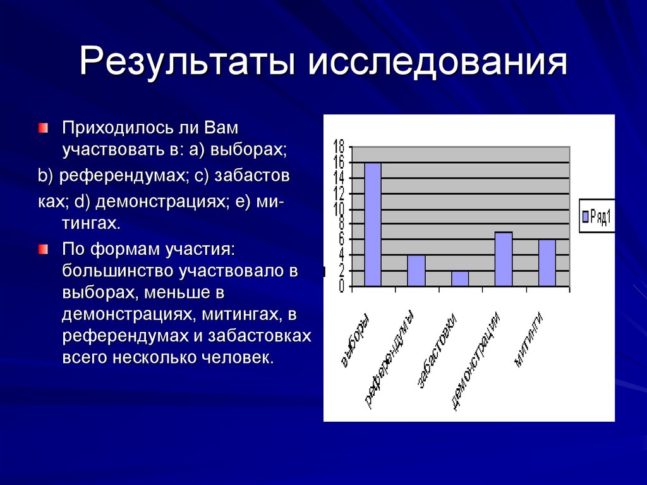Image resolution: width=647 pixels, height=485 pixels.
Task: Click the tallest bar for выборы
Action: (x=373, y=224)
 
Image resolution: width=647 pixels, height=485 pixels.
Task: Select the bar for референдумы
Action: (x=416, y=271)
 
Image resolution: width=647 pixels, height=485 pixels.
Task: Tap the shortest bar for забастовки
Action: (x=460, y=279)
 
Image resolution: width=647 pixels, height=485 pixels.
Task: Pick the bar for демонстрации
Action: (x=504, y=259)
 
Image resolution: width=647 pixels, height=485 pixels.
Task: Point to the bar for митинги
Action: (x=547, y=263)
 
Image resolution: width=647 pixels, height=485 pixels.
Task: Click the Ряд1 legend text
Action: (x=601, y=217)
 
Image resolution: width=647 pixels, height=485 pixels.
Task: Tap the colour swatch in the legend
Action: (x=586, y=217)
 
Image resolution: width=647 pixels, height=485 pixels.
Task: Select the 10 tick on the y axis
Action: (x=339, y=208)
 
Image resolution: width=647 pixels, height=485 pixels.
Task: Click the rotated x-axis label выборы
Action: (x=354, y=341)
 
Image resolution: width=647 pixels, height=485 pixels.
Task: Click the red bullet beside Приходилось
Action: (x=42, y=128)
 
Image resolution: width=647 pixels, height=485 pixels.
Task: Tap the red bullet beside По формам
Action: (x=42, y=249)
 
